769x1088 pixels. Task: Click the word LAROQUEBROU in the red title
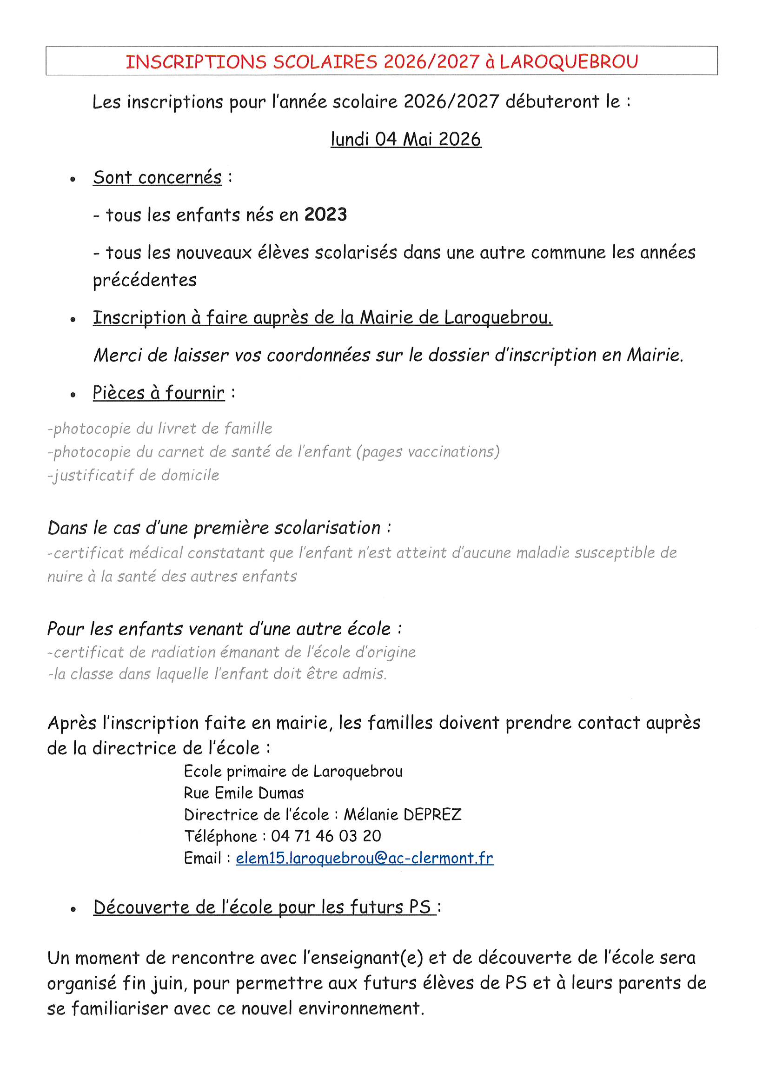(x=569, y=62)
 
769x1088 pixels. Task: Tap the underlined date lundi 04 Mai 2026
(x=406, y=139)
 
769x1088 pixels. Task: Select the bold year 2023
(x=325, y=215)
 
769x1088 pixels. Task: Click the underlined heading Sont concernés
(x=157, y=178)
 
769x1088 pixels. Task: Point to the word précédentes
(x=145, y=280)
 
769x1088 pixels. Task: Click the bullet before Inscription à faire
(x=73, y=320)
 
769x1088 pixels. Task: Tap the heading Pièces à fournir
(x=158, y=393)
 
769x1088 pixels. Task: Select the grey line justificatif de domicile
(x=133, y=475)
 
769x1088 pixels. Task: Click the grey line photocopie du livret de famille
(x=160, y=429)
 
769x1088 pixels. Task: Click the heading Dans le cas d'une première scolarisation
(x=219, y=528)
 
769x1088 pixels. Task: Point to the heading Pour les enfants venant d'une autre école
(x=225, y=629)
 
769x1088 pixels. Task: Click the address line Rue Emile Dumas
(x=244, y=793)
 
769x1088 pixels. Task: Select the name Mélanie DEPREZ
(x=403, y=814)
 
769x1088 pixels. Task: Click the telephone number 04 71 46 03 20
(x=326, y=836)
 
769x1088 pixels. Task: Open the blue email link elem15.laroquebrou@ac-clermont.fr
(x=364, y=858)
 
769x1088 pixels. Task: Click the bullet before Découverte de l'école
(x=73, y=909)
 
